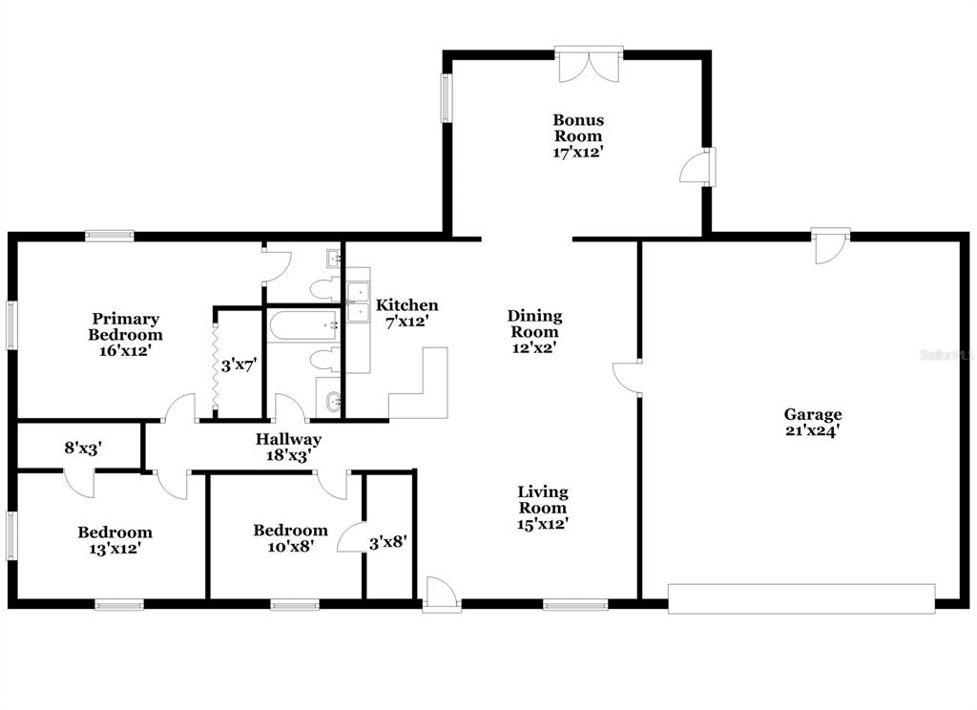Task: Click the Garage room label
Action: click(813, 414)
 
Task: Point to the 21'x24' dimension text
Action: click(813, 430)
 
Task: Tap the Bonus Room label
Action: click(578, 128)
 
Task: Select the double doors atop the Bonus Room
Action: click(591, 65)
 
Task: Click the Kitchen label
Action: click(407, 305)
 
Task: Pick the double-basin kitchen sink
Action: click(358, 302)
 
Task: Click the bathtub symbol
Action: click(302, 325)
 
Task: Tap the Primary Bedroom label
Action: click(126, 326)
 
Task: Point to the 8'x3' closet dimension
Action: click(83, 447)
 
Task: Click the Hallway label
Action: click(288, 440)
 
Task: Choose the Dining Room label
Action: click(534, 324)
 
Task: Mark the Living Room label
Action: click(543, 500)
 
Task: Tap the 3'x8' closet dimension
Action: click(388, 541)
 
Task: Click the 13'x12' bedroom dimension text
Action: click(114, 549)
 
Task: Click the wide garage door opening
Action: click(801, 598)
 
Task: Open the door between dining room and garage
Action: click(628, 377)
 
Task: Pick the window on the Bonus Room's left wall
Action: click(446, 98)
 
